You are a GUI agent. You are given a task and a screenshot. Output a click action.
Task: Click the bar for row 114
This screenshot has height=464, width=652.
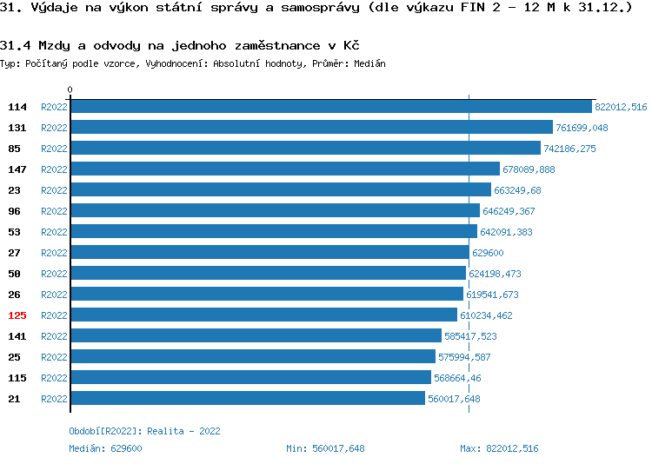[x=331, y=107]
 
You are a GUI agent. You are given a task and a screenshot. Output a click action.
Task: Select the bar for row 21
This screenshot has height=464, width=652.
[x=248, y=399]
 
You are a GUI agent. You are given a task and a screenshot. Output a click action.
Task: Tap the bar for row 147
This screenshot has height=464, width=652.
[x=285, y=169]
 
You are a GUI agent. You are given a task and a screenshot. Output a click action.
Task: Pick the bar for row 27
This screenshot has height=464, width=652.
[x=269, y=253]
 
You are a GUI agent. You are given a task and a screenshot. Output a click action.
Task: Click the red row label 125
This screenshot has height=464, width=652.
[x=17, y=315]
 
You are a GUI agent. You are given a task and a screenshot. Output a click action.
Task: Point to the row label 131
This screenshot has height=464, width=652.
[x=17, y=128]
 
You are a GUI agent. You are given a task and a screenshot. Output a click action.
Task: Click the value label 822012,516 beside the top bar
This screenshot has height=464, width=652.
[x=621, y=107]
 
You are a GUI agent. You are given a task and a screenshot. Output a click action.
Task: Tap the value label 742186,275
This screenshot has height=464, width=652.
[x=569, y=149]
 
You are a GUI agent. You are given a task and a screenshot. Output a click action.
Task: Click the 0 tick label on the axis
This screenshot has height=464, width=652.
[x=70, y=89]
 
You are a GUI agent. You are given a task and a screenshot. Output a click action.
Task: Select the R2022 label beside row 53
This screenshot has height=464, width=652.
[x=54, y=232]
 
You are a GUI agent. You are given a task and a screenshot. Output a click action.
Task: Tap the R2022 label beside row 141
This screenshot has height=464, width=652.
[x=54, y=336]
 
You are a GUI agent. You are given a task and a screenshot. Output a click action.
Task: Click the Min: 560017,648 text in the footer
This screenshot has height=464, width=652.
[x=325, y=448]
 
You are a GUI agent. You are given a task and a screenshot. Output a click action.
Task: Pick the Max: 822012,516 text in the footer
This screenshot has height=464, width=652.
[x=499, y=448]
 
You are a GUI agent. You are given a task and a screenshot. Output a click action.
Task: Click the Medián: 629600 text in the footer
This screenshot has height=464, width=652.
[x=105, y=448]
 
